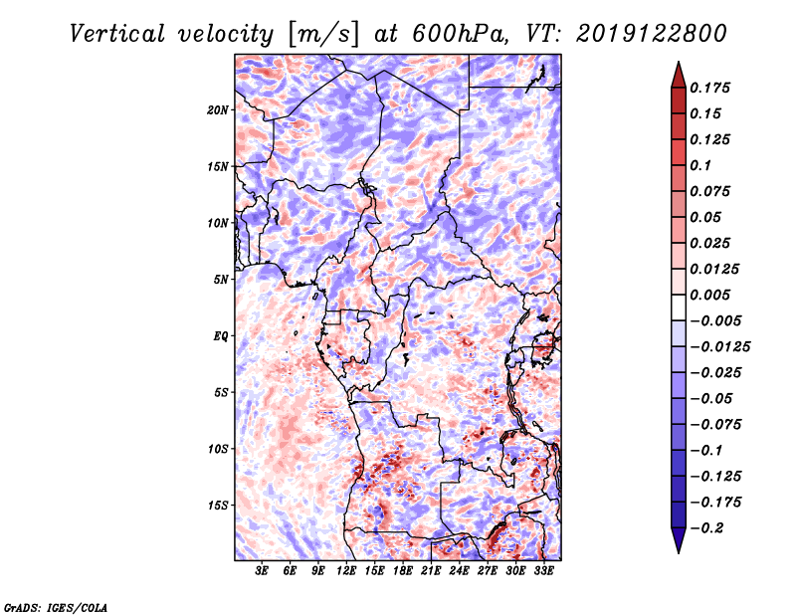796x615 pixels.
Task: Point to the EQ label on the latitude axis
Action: click(x=221, y=335)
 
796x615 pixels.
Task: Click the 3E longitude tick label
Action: click(x=262, y=571)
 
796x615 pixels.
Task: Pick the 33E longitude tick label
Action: click(x=544, y=571)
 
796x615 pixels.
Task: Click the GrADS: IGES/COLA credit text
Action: click(x=55, y=606)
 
